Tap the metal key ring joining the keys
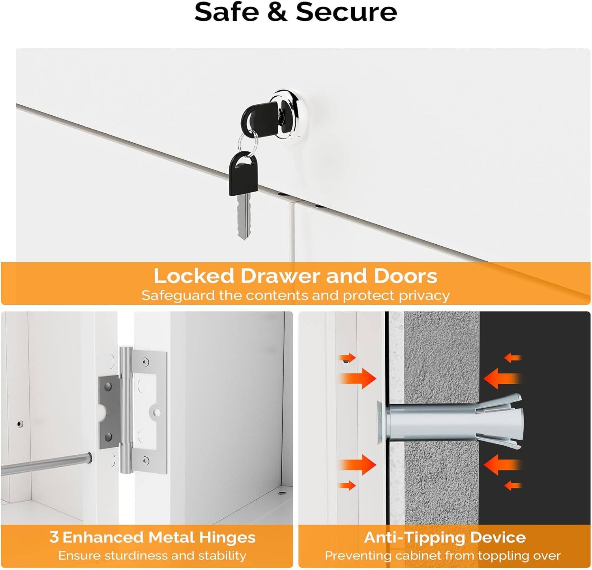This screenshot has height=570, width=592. pos(247,144)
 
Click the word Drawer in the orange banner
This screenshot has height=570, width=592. pos(281,276)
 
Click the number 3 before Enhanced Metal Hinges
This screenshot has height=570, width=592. pos(54,538)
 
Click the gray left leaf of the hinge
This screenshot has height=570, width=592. pos(109,411)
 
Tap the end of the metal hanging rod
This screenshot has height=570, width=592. pos(88,459)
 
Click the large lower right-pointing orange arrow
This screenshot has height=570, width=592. pos(357,465)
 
